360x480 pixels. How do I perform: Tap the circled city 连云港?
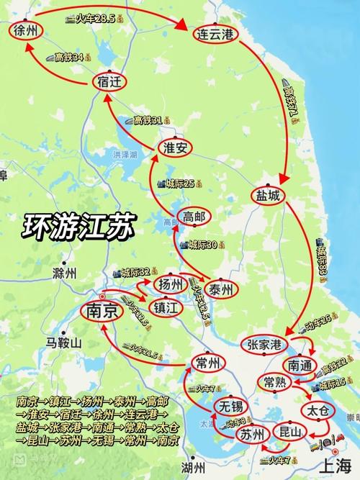click(216, 34)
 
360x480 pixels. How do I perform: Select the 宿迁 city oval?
click(107, 83)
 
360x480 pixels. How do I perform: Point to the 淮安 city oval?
click(174, 148)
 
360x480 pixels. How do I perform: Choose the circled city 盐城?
click(269, 195)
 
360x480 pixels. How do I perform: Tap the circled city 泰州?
click(224, 289)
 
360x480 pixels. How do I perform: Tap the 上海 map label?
click(334, 463)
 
